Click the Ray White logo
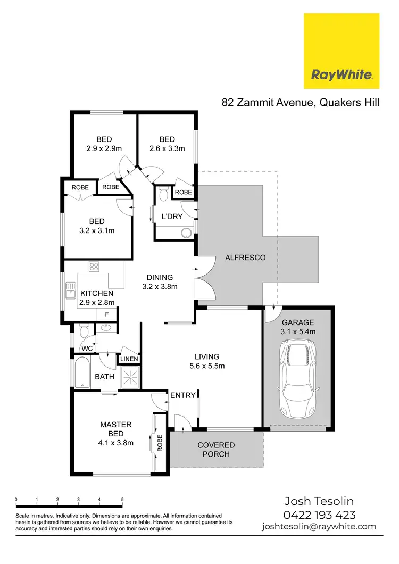click(341, 51)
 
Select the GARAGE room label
click(298, 322)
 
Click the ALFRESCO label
click(245, 258)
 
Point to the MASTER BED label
click(115, 429)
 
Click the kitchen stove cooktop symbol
click(94, 267)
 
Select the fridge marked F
click(106, 314)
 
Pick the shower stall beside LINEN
click(130, 377)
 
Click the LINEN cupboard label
click(130, 359)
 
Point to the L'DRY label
click(172, 217)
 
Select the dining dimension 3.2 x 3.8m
click(160, 286)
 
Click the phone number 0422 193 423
click(319, 515)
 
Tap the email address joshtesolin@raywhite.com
click(319, 527)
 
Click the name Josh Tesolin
click(319, 501)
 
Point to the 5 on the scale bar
click(122, 500)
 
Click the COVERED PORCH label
click(216, 449)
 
